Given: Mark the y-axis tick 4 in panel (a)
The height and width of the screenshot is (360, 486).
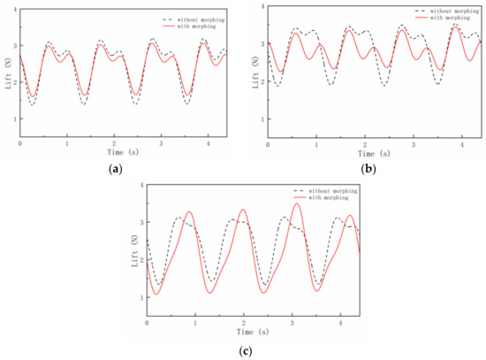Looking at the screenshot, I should (x=15, y=9).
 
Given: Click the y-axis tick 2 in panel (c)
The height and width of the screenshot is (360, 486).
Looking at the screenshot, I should (x=140, y=261).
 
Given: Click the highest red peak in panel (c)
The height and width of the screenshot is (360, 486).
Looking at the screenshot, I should (x=297, y=203).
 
